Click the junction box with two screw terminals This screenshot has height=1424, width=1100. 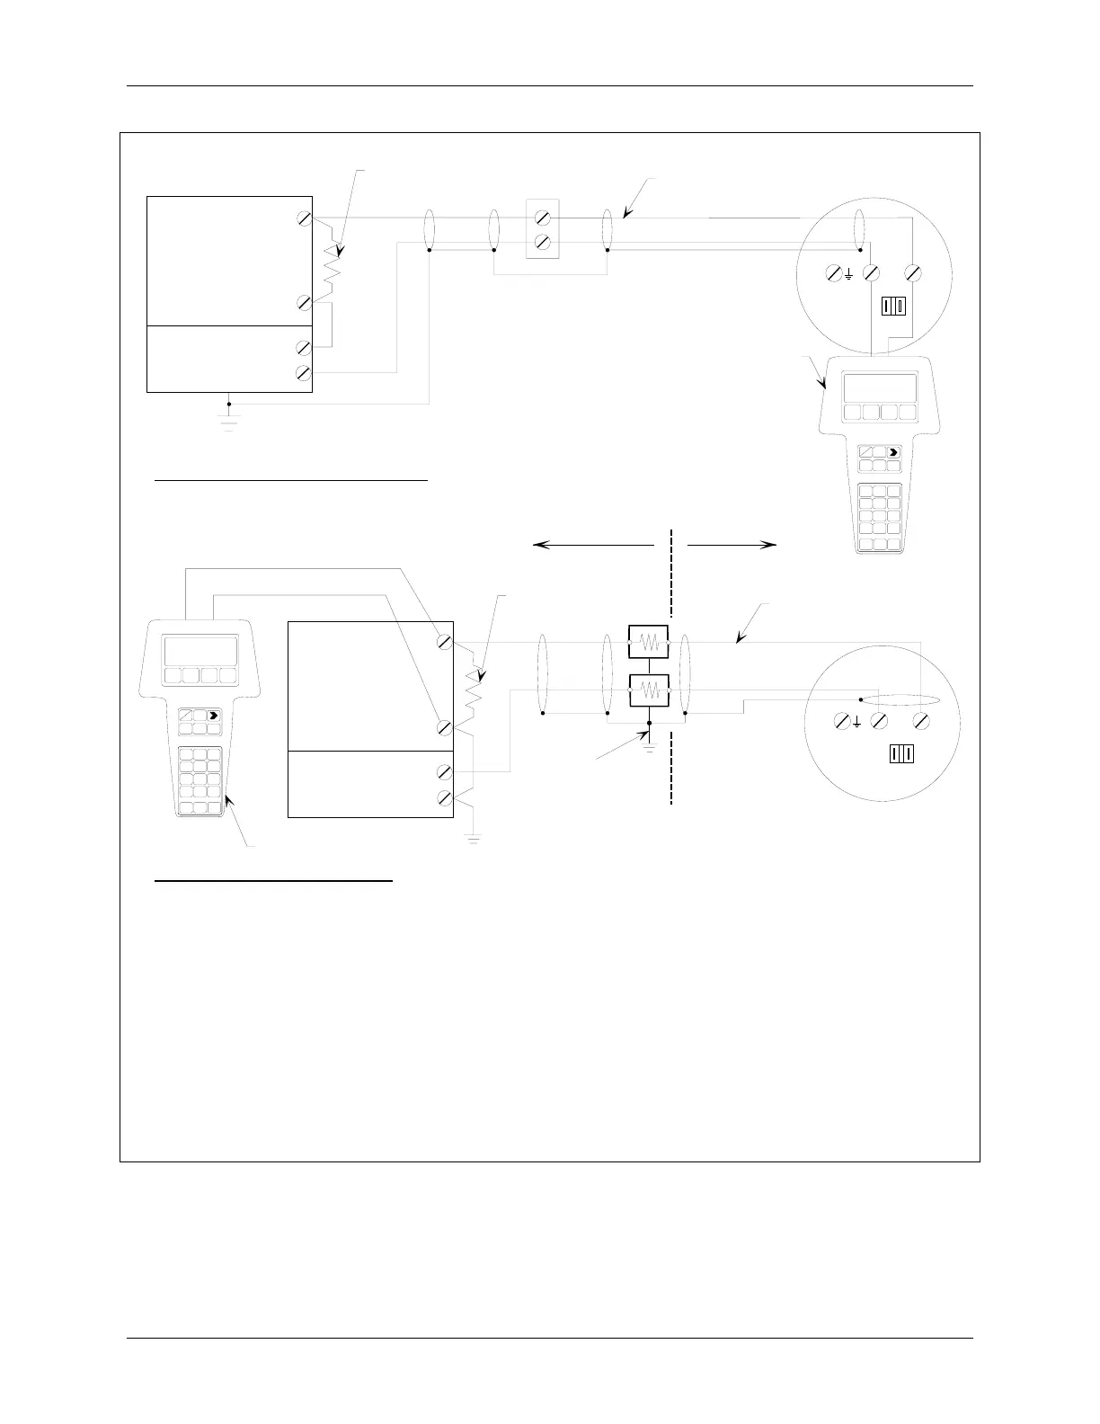(543, 230)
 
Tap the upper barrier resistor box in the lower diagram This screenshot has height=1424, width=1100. (648, 644)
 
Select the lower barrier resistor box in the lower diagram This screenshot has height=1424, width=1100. (648, 692)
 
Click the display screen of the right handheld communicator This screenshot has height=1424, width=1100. (879, 388)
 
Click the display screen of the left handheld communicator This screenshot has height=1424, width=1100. (200, 651)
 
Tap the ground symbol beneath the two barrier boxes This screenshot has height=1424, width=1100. (649, 743)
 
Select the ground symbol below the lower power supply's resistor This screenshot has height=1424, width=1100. (472, 838)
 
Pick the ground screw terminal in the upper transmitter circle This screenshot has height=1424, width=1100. (834, 271)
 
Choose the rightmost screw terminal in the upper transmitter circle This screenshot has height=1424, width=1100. (913, 271)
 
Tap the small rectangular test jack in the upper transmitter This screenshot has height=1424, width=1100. (892, 307)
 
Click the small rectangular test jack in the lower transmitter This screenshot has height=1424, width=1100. (900, 754)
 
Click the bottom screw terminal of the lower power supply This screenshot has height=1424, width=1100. (445, 797)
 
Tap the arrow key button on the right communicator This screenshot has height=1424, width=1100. (892, 454)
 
